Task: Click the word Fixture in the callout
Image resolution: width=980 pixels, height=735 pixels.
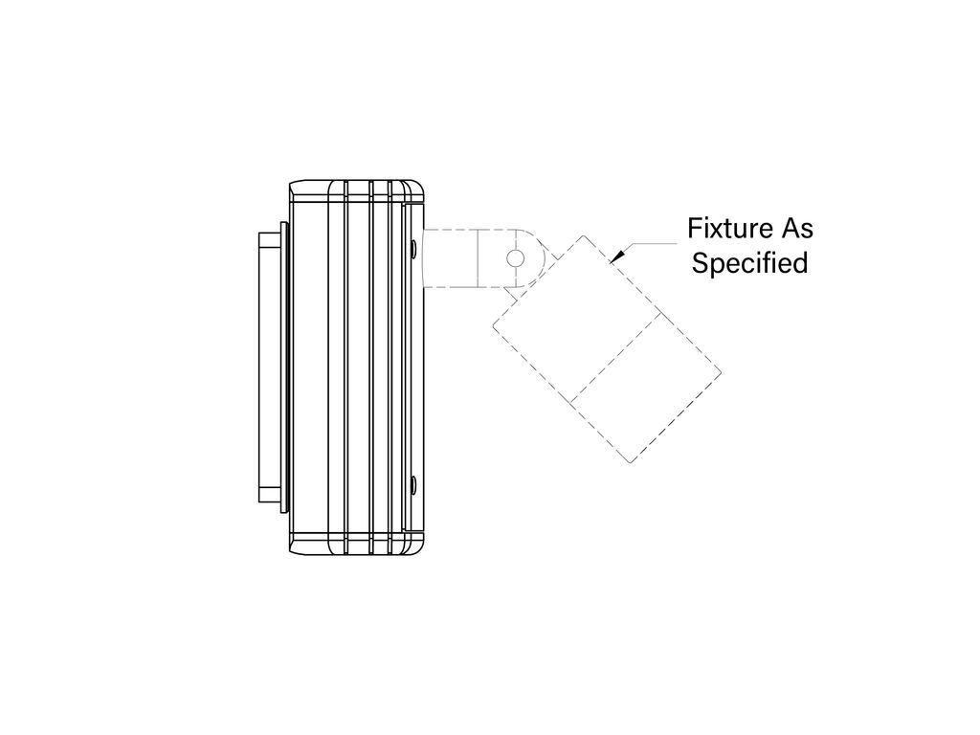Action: pyautogui.click(x=727, y=228)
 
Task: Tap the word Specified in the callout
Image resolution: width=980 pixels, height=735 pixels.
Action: pyautogui.click(x=749, y=263)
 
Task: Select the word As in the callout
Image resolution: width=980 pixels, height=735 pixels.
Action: pyautogui.click(x=795, y=228)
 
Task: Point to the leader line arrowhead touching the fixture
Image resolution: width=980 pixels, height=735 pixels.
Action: pyautogui.click(x=616, y=256)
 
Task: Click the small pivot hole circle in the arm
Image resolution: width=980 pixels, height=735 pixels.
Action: pyautogui.click(x=516, y=257)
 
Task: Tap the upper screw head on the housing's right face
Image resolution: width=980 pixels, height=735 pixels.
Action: pyautogui.click(x=413, y=248)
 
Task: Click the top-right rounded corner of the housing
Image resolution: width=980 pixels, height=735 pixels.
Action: pyautogui.click(x=419, y=187)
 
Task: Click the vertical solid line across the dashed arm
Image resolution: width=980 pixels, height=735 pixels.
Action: pyautogui.click(x=478, y=257)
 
